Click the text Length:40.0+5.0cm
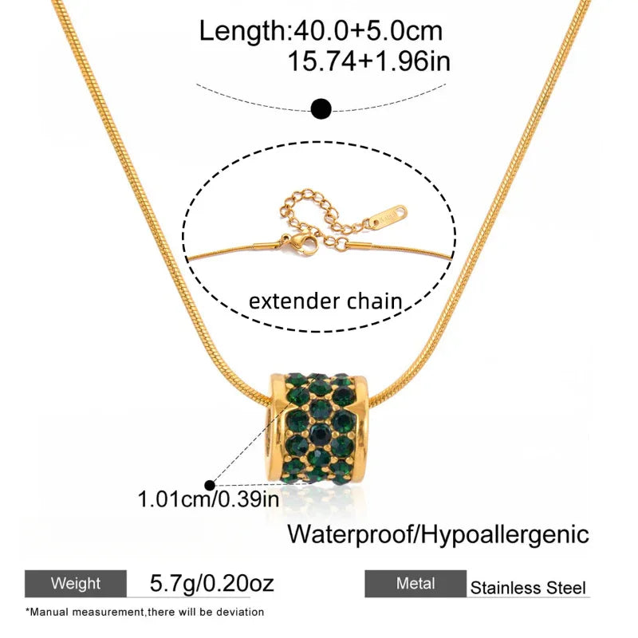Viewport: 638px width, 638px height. (321, 31)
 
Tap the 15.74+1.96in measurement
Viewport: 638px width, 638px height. (368, 61)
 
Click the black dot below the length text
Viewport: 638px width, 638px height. (321, 108)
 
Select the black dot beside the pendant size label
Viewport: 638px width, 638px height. (210, 485)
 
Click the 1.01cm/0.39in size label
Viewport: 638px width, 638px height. (208, 499)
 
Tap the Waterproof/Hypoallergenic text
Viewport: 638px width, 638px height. (438, 534)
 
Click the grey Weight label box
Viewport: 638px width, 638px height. (76, 584)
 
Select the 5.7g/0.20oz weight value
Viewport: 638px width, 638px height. (211, 583)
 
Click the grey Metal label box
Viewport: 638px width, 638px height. (415, 584)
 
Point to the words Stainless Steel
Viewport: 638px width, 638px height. (528, 588)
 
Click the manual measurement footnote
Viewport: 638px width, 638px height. (144, 612)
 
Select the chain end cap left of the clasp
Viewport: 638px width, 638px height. (267, 246)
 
